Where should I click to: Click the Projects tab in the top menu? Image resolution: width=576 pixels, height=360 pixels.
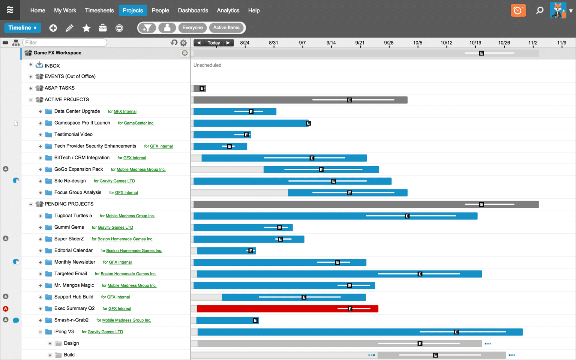pos(133,10)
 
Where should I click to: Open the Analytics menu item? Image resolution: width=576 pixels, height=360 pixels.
pos(228,10)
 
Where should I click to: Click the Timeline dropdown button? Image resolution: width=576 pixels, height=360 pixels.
pos(22,28)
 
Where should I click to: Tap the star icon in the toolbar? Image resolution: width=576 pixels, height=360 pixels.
pos(87,28)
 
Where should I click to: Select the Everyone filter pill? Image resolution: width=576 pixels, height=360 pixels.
pos(192,28)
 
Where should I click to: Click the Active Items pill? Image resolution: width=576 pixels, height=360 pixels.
pos(226,28)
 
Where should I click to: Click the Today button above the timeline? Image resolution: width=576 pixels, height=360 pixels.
pos(214,43)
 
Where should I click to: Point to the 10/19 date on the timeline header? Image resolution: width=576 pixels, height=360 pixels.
pos(475,43)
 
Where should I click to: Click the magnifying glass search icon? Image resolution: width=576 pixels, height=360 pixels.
pos(540,10)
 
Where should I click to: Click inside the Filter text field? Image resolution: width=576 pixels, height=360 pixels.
pos(64,43)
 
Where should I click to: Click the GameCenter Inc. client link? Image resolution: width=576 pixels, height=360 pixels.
pos(139,123)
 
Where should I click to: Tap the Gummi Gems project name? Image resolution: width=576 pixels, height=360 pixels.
pos(69,227)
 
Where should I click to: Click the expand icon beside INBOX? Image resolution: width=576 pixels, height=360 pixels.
pos(31,64)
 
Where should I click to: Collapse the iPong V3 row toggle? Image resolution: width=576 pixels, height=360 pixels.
pos(40,332)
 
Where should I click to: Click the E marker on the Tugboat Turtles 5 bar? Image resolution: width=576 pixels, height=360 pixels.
pos(407,216)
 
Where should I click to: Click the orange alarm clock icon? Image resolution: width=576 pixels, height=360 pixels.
pos(518,10)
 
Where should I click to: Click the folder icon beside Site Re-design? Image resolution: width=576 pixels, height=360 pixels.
pos(48,181)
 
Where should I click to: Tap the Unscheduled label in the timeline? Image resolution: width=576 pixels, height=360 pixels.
pos(207,65)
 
